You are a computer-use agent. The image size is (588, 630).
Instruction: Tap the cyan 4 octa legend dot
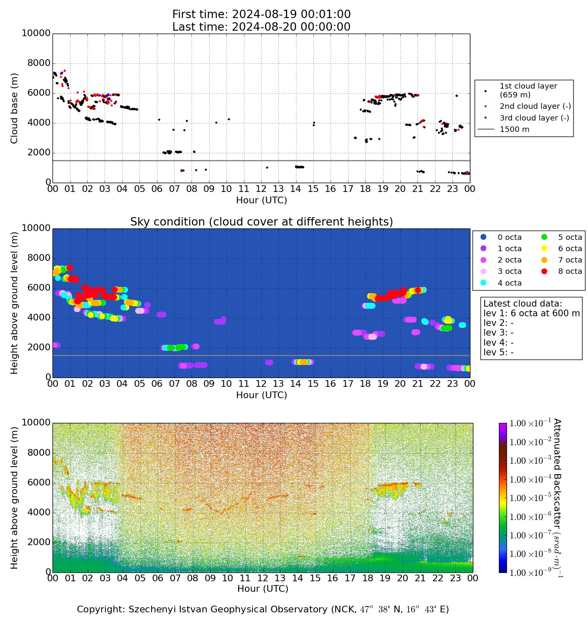(x=483, y=283)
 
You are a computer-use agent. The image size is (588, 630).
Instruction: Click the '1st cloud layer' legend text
(x=528, y=86)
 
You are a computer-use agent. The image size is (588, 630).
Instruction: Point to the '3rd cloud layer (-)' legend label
(x=534, y=118)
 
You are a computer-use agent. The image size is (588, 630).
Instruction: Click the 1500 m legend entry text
(x=514, y=129)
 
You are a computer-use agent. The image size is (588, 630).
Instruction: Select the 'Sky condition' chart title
(x=261, y=222)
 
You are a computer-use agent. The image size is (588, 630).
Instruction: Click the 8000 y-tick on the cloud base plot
(x=39, y=63)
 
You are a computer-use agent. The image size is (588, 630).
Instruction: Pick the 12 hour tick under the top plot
(x=261, y=189)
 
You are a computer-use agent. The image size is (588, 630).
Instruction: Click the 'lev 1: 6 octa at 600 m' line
(x=531, y=313)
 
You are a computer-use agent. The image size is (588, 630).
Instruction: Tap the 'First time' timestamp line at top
(x=261, y=15)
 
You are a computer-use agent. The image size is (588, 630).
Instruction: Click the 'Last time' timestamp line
(x=261, y=27)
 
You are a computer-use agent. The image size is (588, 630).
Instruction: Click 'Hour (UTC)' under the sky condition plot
(x=261, y=395)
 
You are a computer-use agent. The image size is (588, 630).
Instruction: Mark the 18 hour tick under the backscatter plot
(x=367, y=578)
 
